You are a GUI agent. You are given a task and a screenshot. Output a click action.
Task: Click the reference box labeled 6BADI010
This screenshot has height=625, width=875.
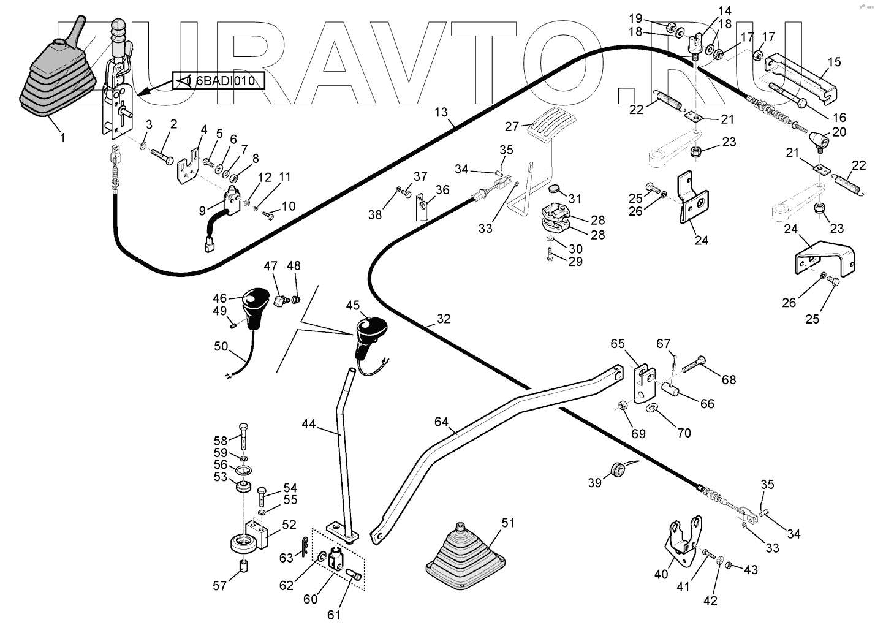(218, 80)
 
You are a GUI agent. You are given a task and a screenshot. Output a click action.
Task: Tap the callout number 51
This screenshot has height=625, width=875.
(508, 522)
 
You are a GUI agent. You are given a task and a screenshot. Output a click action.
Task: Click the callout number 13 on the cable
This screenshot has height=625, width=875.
(442, 112)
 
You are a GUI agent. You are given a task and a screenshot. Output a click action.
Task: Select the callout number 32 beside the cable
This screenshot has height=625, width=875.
(444, 319)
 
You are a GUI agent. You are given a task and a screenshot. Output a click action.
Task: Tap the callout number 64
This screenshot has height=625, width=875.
(442, 422)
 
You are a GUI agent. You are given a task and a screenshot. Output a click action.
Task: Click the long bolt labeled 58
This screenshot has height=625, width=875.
(244, 436)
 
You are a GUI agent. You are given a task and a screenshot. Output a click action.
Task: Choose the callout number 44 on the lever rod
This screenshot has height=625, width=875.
(309, 423)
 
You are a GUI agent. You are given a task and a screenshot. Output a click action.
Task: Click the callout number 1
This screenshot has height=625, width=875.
(62, 138)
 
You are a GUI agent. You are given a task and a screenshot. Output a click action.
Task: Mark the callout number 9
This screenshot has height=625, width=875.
(202, 210)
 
